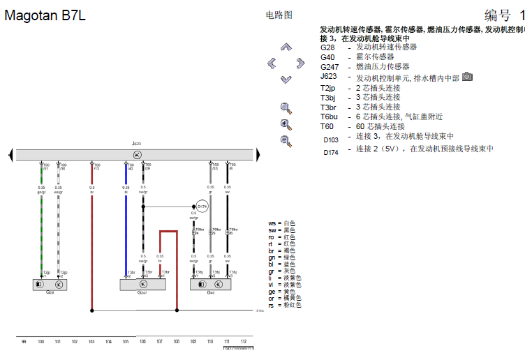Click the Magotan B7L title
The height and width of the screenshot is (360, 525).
click(45, 16)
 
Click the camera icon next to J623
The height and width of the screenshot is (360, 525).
click(467, 76)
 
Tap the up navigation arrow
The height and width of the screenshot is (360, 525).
click(286, 47)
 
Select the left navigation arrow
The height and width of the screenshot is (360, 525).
click(271, 63)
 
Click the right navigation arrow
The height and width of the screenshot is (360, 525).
click(300, 63)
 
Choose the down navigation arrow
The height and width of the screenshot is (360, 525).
click(286, 80)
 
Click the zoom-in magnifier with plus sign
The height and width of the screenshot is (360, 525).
click(286, 124)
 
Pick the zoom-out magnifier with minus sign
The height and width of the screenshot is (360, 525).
click(286, 140)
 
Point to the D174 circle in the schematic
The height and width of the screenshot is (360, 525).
click(201, 207)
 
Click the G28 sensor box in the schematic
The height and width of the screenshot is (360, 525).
click(50, 285)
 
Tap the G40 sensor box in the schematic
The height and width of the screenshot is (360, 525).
click(210, 285)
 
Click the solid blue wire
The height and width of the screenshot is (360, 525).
click(126, 223)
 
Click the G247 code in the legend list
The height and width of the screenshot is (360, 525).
click(330, 67)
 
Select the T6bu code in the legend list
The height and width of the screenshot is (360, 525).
click(330, 117)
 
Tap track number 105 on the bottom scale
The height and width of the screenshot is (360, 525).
click(126, 342)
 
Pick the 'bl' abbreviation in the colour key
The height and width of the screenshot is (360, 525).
click(272, 264)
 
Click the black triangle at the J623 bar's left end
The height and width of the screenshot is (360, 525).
click(12, 153)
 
